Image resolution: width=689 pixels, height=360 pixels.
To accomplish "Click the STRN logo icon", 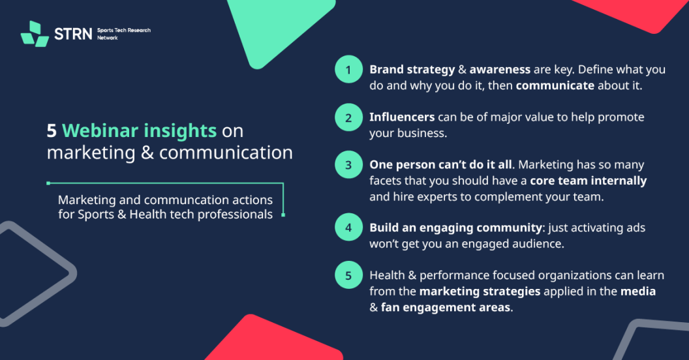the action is (x=35, y=34).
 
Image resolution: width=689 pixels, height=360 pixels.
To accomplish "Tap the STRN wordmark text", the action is (x=73, y=34).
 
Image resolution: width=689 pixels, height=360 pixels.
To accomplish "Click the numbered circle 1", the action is (x=348, y=69).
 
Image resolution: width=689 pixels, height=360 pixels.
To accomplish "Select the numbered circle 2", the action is (x=348, y=117).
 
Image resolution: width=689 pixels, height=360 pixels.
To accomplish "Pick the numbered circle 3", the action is (x=348, y=164).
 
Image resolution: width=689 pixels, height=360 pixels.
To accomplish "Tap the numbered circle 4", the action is (x=348, y=228).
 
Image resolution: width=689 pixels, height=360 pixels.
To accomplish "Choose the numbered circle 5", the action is (x=348, y=275).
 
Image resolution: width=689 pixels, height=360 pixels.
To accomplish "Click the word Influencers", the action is (x=402, y=117).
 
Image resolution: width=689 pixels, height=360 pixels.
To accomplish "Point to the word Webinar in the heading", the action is (x=100, y=130).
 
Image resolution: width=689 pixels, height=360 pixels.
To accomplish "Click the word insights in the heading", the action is (x=180, y=131).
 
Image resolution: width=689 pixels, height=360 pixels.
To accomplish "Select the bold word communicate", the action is (x=555, y=85).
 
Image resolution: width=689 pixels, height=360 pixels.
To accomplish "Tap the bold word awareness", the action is (x=500, y=70).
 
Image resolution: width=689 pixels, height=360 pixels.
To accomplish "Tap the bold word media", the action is (x=638, y=292).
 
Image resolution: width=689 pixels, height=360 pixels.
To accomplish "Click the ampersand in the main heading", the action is (x=147, y=153).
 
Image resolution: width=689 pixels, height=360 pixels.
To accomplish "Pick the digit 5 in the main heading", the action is (x=52, y=131).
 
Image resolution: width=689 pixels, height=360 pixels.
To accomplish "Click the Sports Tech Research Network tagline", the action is (x=124, y=34).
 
